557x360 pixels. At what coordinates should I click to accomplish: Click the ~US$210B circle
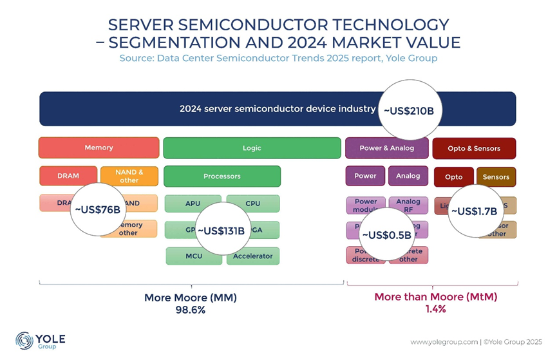coord(409,110)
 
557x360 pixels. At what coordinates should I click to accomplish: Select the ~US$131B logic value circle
coord(221,231)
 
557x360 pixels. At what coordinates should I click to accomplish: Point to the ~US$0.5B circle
coord(386,235)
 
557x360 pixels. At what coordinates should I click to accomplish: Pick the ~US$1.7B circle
coord(474,211)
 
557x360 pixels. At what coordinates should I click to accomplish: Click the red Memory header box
coord(99,148)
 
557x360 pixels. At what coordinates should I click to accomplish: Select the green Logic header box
coord(252,148)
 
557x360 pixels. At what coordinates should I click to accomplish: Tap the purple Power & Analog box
coord(386,148)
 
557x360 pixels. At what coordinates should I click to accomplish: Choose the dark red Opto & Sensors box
coord(474,148)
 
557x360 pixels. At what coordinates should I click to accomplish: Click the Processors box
coord(222,176)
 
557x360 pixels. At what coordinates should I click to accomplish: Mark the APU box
coord(193,204)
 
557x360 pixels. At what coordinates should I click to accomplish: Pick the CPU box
coord(253,204)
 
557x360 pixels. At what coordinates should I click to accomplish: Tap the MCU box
coord(194,256)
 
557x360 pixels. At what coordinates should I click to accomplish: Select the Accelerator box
coord(253,256)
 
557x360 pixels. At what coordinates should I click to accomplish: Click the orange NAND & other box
coord(129,176)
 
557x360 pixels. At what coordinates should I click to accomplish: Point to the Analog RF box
coord(408,205)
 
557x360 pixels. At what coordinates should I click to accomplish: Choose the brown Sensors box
coord(496,177)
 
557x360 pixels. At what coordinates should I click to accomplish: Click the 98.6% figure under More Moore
coord(191,310)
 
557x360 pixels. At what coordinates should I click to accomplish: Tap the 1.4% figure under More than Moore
coord(435,309)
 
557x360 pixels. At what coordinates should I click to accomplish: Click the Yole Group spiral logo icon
coord(24,341)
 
